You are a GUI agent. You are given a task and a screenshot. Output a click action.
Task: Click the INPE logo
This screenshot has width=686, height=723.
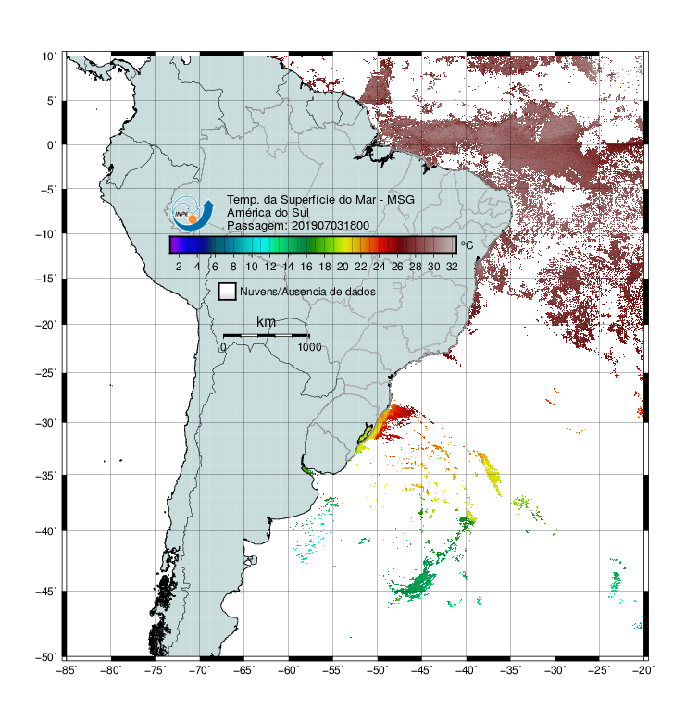193,213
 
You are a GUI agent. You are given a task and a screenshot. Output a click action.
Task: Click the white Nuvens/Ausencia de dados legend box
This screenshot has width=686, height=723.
228,292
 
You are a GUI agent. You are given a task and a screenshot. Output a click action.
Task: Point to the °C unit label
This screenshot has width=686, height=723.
467,244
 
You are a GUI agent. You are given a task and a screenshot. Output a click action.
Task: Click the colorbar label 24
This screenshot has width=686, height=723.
379,267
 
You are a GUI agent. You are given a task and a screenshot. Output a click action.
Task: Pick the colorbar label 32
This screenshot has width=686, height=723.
452,267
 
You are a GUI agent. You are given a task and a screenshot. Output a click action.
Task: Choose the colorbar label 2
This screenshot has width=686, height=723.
179,267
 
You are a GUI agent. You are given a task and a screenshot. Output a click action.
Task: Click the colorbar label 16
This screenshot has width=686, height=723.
306,267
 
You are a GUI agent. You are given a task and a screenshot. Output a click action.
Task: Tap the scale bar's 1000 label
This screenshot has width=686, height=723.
309,347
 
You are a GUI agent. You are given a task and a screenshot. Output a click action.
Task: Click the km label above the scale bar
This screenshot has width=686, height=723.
266,322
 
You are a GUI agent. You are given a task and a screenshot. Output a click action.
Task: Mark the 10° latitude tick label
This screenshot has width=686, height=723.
49,56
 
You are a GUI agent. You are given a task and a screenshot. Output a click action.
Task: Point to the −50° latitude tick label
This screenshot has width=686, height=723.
46,657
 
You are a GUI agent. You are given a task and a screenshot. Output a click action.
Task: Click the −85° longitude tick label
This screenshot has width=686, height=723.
66,670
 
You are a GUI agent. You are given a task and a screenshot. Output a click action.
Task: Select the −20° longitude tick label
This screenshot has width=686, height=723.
643,670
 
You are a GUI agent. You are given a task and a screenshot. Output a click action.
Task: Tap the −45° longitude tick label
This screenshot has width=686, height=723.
421,670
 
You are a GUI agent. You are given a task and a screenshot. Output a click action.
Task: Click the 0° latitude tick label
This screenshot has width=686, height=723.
52,145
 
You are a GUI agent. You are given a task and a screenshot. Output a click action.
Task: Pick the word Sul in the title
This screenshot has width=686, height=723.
300,213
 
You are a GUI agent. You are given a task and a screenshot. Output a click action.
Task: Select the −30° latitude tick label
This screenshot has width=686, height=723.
46,423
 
